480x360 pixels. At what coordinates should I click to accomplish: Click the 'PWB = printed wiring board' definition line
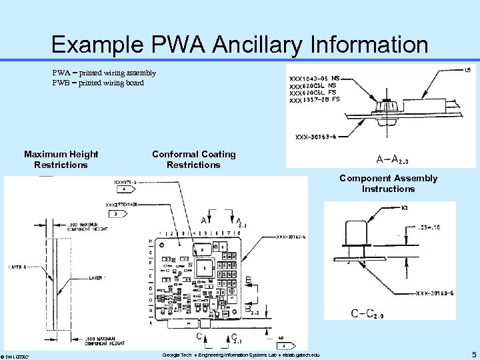[98, 83]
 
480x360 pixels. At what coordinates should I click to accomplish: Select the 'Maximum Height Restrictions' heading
[61, 159]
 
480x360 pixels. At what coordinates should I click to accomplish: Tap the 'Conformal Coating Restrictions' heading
[193, 159]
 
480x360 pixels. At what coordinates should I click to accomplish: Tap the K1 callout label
[405, 207]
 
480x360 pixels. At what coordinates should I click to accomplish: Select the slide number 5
[473, 355]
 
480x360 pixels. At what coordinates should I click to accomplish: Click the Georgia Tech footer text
[241, 355]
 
